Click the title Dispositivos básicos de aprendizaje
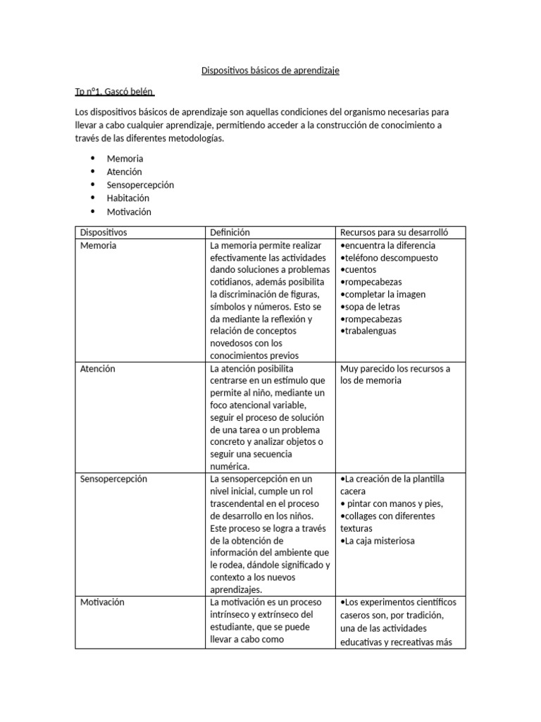coord(270,71)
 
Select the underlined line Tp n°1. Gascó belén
coord(115,92)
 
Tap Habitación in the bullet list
coord(128,198)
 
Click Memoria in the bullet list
coord(125,159)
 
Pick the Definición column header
coord(230,232)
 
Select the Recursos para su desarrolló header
coord(394,232)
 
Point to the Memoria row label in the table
coord(99,245)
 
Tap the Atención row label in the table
coord(98,369)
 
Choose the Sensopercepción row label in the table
coord(113,479)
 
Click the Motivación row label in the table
coord(102,602)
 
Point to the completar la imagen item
coord(384,294)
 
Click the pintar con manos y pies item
coord(393,503)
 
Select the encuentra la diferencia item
coord(389,245)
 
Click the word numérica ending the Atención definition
coord(230,466)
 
